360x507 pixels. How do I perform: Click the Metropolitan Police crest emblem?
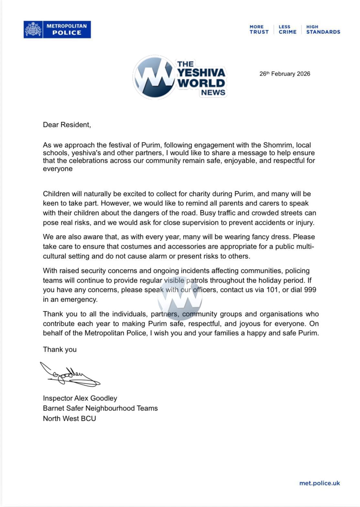click(x=33, y=29)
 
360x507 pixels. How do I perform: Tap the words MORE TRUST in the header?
click(x=259, y=29)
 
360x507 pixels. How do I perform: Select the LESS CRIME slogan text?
click(x=287, y=29)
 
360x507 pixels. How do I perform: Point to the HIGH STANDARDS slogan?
click(x=323, y=29)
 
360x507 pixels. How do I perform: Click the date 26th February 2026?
click(x=285, y=74)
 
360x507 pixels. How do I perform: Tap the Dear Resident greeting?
click(x=67, y=125)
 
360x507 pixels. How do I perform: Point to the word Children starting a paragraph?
click(x=56, y=194)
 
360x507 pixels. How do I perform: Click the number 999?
click(x=310, y=290)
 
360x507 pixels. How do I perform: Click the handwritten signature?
click(x=69, y=375)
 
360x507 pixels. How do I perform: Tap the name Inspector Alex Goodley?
click(x=80, y=398)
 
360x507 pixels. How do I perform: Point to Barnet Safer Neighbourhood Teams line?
click(x=100, y=408)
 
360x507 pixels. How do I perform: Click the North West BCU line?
click(x=69, y=419)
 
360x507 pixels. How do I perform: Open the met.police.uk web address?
click(x=319, y=483)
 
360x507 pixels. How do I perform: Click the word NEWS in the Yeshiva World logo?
click(x=213, y=92)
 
